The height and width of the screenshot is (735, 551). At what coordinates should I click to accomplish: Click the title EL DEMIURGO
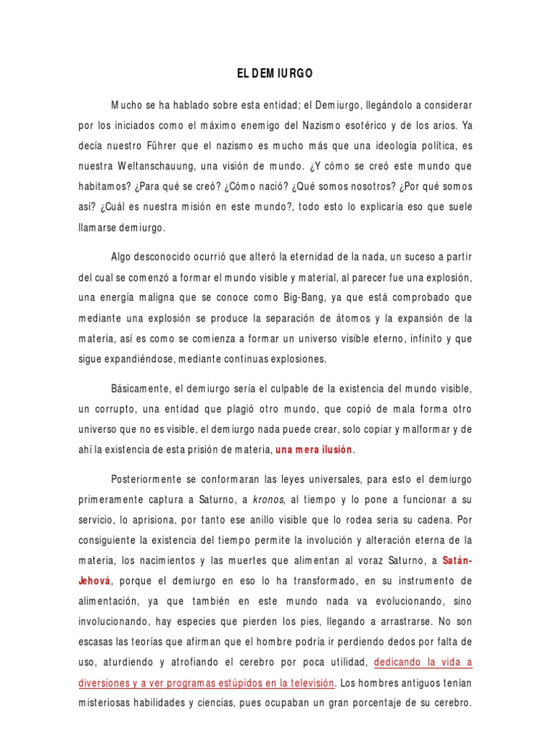275,73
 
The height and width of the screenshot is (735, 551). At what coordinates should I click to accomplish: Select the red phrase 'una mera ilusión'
314,450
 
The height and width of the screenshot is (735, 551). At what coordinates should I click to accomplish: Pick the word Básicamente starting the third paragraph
141,388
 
